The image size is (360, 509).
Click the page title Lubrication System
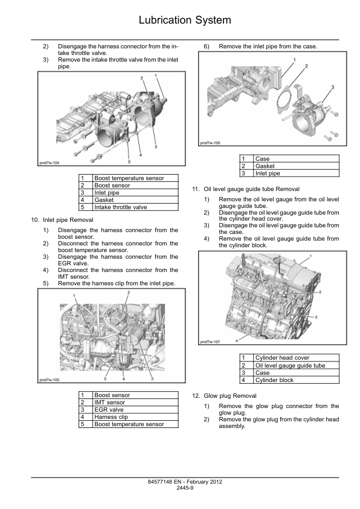click(x=185, y=20)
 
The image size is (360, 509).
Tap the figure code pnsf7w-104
click(x=50, y=163)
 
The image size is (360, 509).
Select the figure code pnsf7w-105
click(x=50, y=380)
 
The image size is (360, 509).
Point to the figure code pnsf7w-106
click(x=210, y=143)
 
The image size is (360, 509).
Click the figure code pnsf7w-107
click(x=210, y=342)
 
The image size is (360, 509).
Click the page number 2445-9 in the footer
click(x=185, y=488)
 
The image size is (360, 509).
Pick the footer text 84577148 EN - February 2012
click(x=185, y=482)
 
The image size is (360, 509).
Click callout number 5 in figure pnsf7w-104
click(x=129, y=161)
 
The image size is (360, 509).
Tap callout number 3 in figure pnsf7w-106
click(x=332, y=87)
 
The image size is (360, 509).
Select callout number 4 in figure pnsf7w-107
click(x=236, y=340)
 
